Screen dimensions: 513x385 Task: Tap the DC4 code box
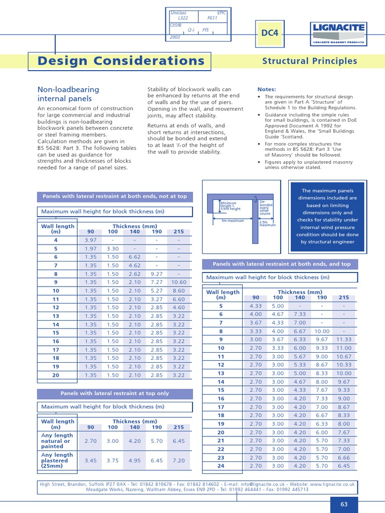[x=270, y=33]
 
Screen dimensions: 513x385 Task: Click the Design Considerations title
[x=121, y=61]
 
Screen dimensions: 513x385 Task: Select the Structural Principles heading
[x=310, y=61]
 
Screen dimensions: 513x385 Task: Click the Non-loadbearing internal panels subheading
[x=68, y=94]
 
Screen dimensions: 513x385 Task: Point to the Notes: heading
[x=267, y=89]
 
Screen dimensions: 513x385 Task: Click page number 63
[x=344, y=504]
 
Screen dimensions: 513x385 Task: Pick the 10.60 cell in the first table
[x=178, y=282]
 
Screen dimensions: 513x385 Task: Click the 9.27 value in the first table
[x=157, y=274]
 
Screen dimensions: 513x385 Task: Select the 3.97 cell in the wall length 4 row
[x=91, y=240]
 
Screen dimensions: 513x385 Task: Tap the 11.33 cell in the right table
[x=344, y=339]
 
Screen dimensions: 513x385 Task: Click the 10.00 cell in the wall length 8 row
[x=322, y=331]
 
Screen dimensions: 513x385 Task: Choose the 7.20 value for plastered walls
[x=178, y=460]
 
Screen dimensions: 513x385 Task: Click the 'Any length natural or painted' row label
[x=57, y=441]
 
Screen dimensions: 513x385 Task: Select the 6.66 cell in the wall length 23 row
[x=344, y=457]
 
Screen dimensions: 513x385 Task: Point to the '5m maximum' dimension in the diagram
[x=233, y=220]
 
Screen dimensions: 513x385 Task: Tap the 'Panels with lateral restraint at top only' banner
[x=115, y=394]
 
